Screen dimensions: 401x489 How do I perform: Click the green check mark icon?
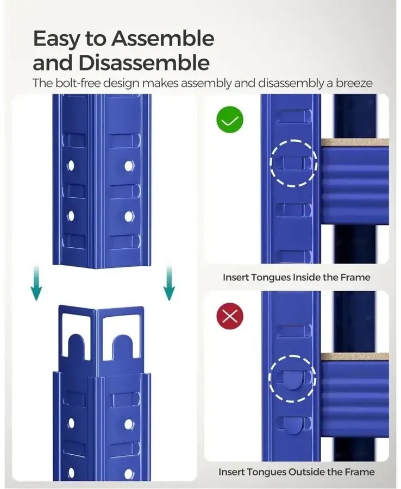tap(230, 120)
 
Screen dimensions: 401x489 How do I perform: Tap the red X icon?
tap(230, 317)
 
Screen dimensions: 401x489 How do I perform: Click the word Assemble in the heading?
tap(163, 39)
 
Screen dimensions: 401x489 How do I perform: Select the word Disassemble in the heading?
tap(144, 62)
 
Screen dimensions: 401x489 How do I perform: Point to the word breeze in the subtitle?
tap(354, 83)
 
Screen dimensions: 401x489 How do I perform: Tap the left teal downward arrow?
tap(36, 283)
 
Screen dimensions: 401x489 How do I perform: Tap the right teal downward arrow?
tap(170, 283)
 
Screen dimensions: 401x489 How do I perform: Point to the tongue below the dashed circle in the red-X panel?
tap(292, 425)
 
